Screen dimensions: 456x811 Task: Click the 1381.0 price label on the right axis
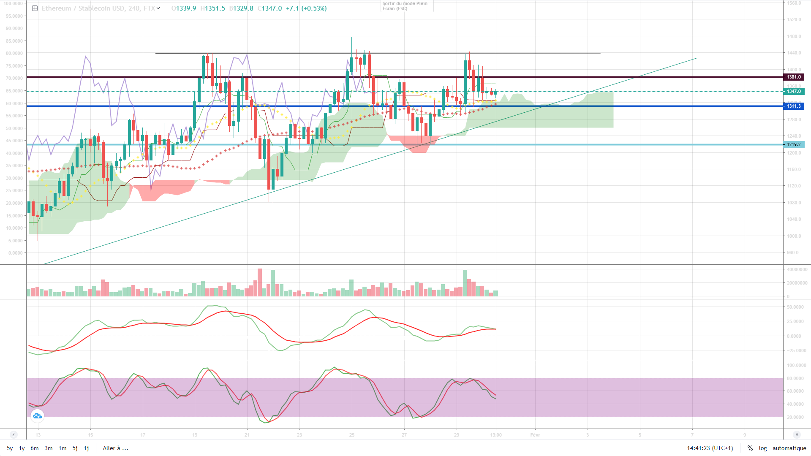(794, 77)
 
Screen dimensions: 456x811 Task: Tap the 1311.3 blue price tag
(794, 106)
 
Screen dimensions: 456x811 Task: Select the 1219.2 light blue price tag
(794, 145)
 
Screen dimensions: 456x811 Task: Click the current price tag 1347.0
(794, 92)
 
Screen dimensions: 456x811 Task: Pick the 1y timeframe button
(22, 448)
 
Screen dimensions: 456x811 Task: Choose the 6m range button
(35, 448)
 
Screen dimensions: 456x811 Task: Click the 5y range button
(10, 448)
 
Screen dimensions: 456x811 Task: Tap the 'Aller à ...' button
(115, 448)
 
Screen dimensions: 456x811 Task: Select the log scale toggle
(762, 448)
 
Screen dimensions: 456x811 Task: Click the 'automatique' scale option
(789, 448)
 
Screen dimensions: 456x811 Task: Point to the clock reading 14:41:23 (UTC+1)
(710, 448)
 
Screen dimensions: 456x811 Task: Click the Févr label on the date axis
(535, 435)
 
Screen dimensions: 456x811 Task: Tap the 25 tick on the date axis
(351, 435)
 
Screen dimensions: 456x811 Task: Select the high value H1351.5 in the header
(212, 8)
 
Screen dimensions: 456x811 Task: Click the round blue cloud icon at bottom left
(37, 416)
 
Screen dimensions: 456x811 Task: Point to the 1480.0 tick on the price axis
(794, 37)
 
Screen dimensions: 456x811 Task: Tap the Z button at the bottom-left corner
(14, 435)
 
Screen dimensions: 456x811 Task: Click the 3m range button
(49, 448)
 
